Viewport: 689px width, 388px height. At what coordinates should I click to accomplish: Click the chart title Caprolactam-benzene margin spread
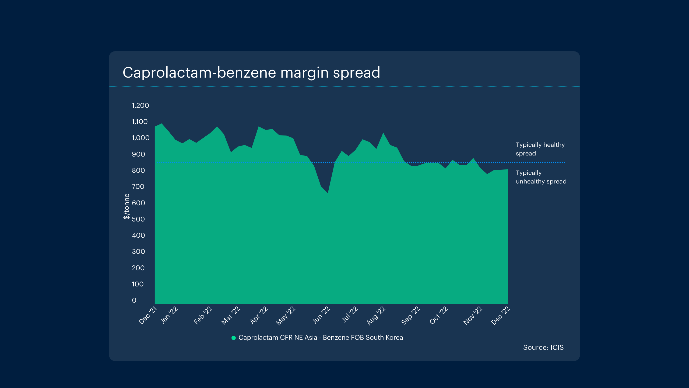[x=251, y=72]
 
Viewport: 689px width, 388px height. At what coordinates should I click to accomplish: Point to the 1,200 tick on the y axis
[x=140, y=105]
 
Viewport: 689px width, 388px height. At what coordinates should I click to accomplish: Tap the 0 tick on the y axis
[x=134, y=300]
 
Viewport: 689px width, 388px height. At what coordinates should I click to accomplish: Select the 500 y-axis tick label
[x=138, y=219]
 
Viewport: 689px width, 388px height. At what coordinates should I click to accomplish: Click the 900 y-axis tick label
[x=138, y=154]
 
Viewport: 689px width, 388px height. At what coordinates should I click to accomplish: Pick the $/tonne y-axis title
[x=126, y=206]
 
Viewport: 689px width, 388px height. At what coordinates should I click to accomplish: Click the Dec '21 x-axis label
[x=147, y=315]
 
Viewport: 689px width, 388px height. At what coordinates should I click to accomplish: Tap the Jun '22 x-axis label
[x=321, y=315]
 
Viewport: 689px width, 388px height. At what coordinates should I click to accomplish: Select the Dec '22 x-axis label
[x=500, y=315]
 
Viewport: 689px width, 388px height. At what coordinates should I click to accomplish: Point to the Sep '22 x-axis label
[x=410, y=315]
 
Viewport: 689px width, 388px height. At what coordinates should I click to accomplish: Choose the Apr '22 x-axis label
[x=259, y=315]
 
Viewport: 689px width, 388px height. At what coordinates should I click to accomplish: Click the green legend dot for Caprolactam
[x=234, y=338]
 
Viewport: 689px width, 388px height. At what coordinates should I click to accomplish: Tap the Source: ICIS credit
[x=543, y=348]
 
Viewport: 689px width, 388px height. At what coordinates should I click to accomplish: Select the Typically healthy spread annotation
[x=540, y=149]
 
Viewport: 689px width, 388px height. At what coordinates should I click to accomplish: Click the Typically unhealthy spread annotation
[x=541, y=177]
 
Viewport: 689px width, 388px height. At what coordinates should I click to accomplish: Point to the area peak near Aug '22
[x=383, y=133]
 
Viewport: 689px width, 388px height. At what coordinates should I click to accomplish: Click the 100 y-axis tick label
[x=138, y=284]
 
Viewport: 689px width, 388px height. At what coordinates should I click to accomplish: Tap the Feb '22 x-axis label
[x=203, y=315]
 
